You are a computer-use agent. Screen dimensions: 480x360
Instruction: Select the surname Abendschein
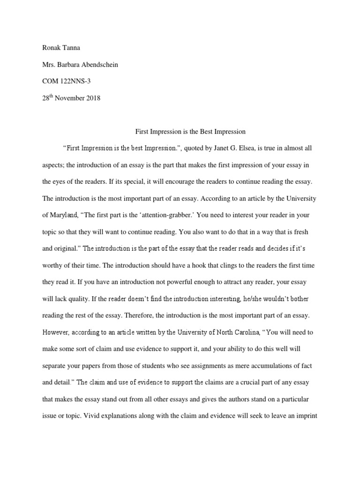click(x=97, y=65)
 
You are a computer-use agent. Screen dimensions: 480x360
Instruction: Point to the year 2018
click(x=93, y=98)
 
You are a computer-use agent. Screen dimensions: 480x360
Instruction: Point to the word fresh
click(x=309, y=232)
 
